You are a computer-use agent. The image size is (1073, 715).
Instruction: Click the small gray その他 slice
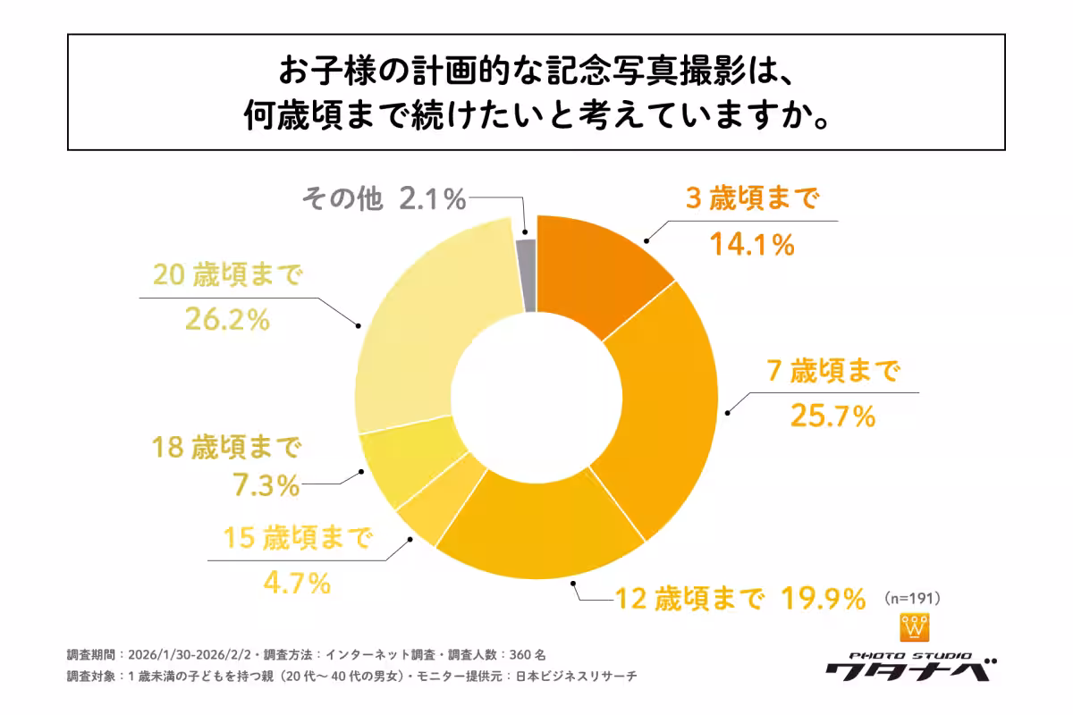coord(528,275)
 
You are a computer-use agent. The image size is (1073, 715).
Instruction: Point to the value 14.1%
coord(752,244)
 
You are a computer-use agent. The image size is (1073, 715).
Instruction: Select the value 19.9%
coord(823,597)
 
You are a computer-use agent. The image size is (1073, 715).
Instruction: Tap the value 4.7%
coord(296,584)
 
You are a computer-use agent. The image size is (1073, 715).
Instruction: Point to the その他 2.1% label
coord(384,199)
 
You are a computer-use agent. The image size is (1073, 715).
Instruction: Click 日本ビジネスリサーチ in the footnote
coord(577,677)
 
